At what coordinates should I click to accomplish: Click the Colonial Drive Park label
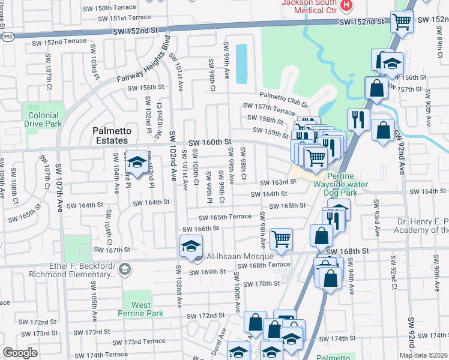coord(43,119)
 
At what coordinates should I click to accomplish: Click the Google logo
coord(20,353)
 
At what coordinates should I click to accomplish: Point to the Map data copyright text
coord(423,355)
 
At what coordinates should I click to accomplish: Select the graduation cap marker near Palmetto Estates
coord(137,162)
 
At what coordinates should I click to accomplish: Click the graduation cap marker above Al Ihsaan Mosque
coord(191,245)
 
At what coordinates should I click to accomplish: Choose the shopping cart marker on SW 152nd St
coord(402,22)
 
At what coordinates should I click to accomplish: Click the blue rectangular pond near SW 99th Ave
coord(241,64)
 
